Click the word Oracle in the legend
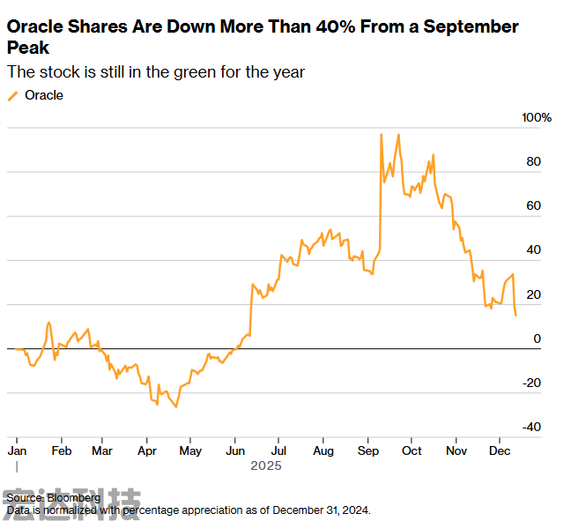(x=43, y=95)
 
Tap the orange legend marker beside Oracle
(x=12, y=95)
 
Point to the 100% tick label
(x=537, y=118)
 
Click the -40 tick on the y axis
(x=531, y=427)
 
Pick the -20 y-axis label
(x=531, y=383)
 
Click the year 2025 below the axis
(x=266, y=465)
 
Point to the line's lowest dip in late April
(x=176, y=406)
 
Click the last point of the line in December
(x=515, y=315)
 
